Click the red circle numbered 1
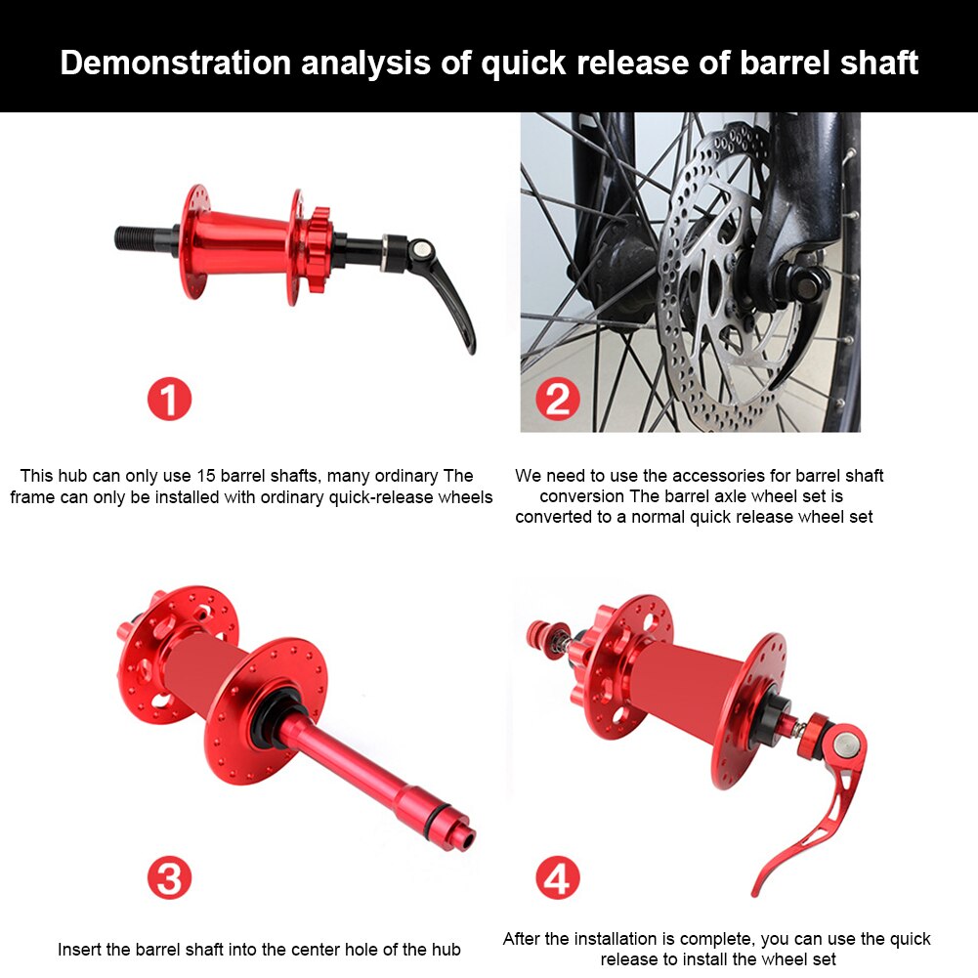169,400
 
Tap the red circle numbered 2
558,400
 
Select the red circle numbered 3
169,878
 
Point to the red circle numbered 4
558,878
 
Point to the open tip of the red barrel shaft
465,837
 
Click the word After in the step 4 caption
524,939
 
